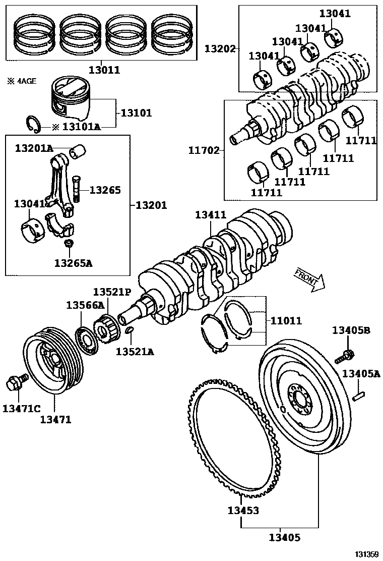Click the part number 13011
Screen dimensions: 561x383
(x=104, y=70)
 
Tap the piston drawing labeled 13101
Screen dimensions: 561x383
(x=71, y=99)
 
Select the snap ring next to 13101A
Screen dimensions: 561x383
(x=34, y=124)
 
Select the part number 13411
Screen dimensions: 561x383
(x=211, y=215)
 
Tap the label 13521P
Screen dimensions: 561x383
(x=112, y=292)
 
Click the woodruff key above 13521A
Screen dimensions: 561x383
(x=129, y=330)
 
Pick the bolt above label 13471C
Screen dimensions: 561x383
(x=14, y=383)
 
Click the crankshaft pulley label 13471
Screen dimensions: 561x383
(x=55, y=419)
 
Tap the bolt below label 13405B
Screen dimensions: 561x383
(x=344, y=356)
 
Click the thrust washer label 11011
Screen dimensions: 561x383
(x=286, y=320)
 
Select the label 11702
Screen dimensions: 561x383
(x=204, y=150)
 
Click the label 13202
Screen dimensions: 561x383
(x=220, y=48)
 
